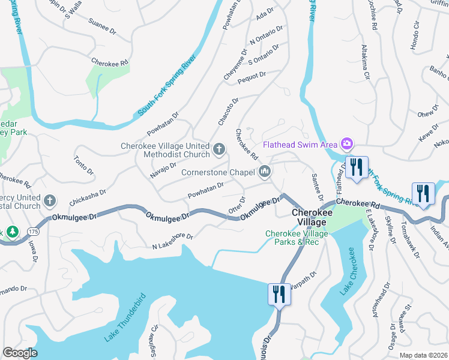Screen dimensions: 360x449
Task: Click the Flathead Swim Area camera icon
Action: (x=346, y=144)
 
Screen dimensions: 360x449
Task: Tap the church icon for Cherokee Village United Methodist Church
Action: (x=219, y=148)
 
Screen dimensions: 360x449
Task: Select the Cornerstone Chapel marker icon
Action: (x=265, y=173)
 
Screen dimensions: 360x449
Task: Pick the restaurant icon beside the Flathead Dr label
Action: (x=357, y=168)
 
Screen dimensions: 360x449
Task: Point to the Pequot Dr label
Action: (x=252, y=76)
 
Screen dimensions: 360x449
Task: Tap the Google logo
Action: (x=20, y=353)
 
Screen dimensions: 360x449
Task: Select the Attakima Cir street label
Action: (x=366, y=62)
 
